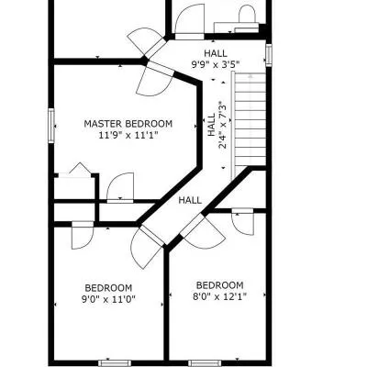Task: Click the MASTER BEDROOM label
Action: coord(128,124)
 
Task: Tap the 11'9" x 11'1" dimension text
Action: coord(128,135)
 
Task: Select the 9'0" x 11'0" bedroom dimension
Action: coord(108,299)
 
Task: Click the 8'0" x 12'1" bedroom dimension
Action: coord(219,296)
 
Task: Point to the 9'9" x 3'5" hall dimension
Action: coord(216,64)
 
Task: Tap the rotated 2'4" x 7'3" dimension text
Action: coord(223,127)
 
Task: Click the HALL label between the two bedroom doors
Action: coord(190,200)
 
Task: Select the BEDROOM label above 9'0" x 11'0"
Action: coord(108,288)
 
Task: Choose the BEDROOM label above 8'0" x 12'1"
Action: coord(219,285)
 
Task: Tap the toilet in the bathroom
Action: coord(247,16)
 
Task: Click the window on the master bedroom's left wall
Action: coord(51,126)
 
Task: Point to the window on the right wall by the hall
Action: coord(269,55)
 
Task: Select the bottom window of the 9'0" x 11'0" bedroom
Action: coord(115,363)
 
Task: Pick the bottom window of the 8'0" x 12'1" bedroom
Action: coord(205,363)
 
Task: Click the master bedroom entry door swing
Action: coord(155,80)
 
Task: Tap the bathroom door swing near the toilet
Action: coord(190,22)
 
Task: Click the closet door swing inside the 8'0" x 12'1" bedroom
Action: coord(243,221)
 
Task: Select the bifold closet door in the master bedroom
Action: coord(74,170)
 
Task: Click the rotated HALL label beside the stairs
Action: coord(211,125)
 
